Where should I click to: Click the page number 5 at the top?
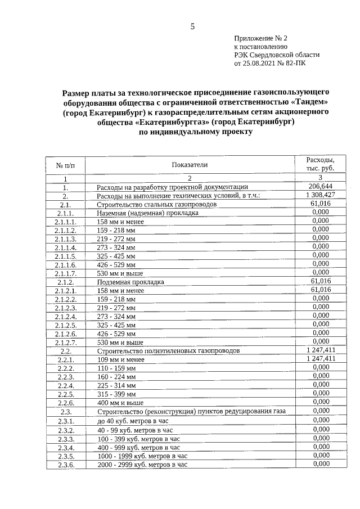192,26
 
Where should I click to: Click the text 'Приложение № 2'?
260,38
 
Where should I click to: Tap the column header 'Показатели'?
190,165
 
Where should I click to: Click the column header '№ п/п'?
66,165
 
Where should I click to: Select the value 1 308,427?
320,195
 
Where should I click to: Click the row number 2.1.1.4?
66,247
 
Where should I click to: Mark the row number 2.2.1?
66,359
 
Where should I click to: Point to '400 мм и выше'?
120,403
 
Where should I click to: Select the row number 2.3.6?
66,465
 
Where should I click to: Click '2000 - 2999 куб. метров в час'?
142,465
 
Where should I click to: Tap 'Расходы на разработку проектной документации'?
172,187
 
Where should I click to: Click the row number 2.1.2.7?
66,342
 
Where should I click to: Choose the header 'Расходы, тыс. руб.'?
320,164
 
